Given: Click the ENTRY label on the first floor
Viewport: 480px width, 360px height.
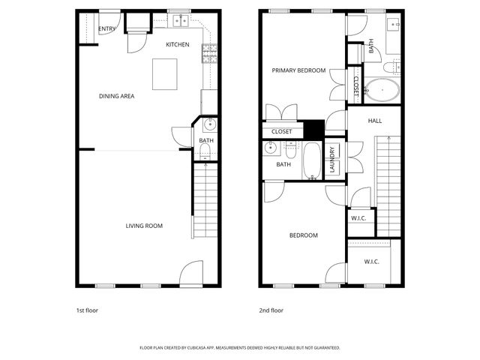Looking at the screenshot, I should pos(106,29).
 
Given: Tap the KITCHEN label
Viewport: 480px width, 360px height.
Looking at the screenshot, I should pos(178,45).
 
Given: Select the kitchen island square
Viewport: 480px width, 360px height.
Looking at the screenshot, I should pos(166,73).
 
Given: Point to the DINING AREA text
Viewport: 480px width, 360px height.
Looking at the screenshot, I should pos(117,96).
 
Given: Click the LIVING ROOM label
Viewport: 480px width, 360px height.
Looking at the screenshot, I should pos(144,226).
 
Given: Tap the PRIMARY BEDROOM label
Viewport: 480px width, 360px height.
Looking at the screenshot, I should pos(298,70).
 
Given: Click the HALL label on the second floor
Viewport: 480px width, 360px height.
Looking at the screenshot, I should pos(375,121).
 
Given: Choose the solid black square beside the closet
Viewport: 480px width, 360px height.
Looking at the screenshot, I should pos(313,128).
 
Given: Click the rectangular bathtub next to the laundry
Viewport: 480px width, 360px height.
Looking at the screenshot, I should pos(312,161).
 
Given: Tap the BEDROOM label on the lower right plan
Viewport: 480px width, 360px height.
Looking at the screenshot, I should pos(304,235).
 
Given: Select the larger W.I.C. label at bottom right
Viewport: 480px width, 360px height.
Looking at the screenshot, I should pos(372,262).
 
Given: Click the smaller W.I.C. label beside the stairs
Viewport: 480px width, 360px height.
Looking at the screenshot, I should pos(358,218).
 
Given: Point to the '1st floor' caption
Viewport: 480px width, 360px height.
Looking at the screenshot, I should pos(87,310).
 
